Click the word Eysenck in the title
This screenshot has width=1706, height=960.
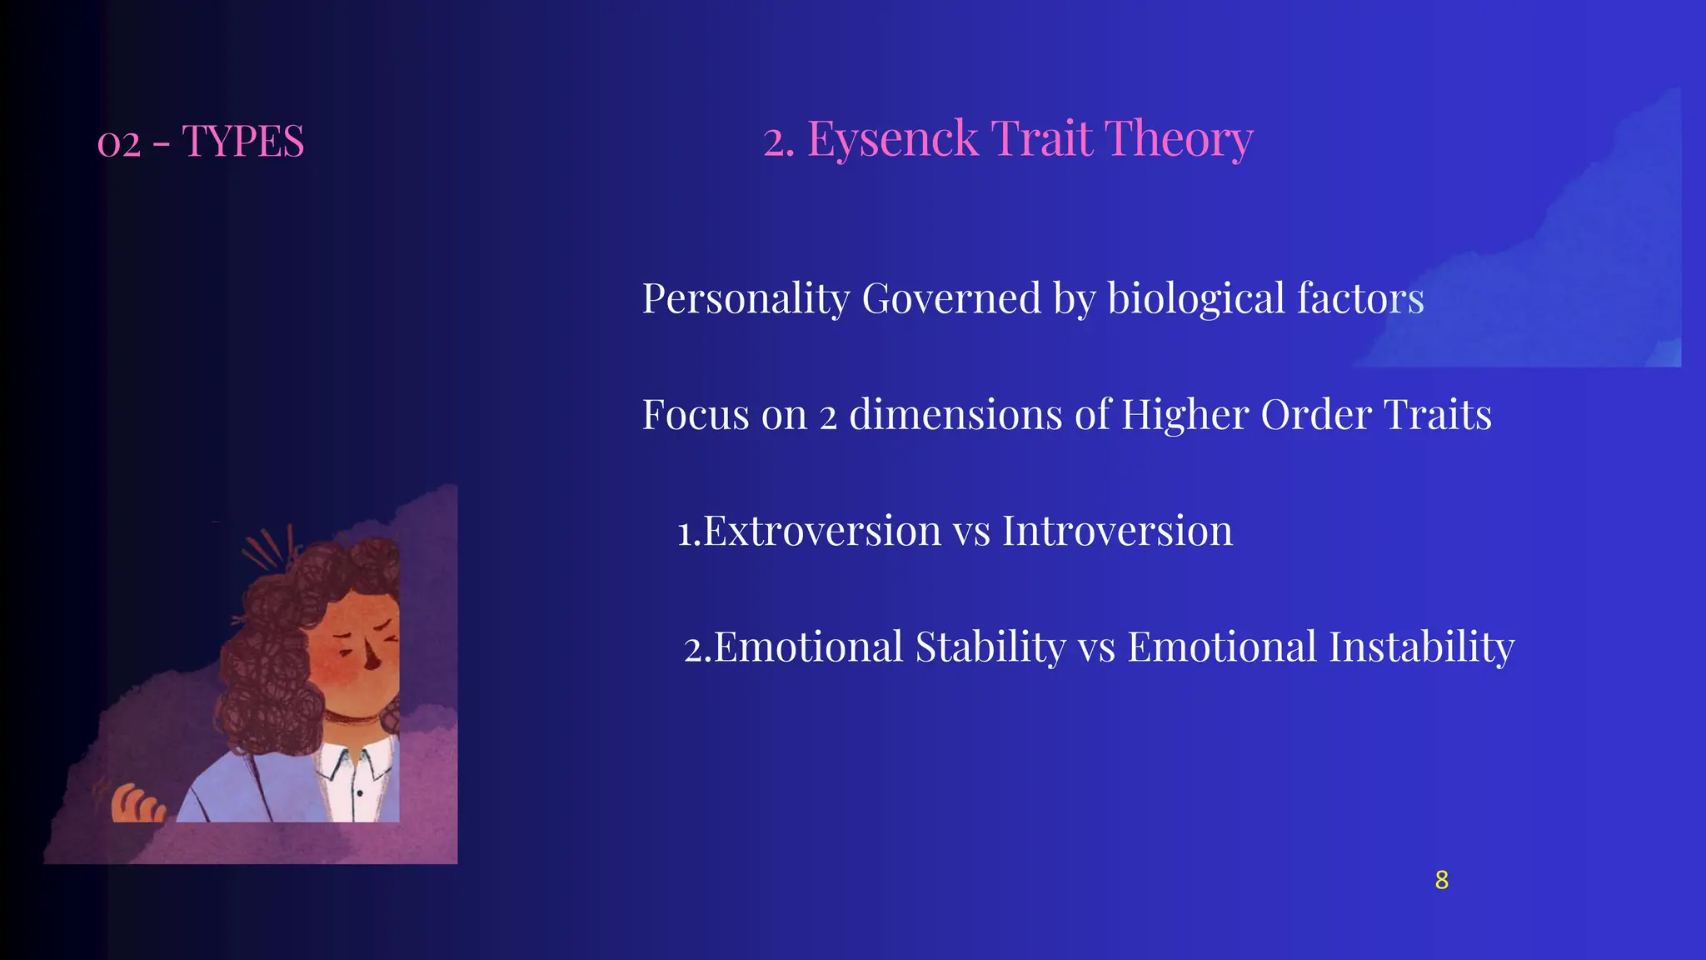pos(892,138)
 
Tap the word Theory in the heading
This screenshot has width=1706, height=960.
pos(1178,138)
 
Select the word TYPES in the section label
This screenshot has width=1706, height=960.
pos(243,141)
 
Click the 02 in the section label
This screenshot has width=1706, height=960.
pos(118,143)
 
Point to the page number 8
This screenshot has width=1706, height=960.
pos(1442,880)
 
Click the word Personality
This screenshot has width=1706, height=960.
pos(746,299)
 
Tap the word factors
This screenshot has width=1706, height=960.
pos(1360,298)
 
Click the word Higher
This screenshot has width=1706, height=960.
pos(1185,414)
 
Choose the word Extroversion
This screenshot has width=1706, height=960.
pos(822,531)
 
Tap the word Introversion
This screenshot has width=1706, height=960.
pos(1117,531)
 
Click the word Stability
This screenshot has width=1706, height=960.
pos(990,647)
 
